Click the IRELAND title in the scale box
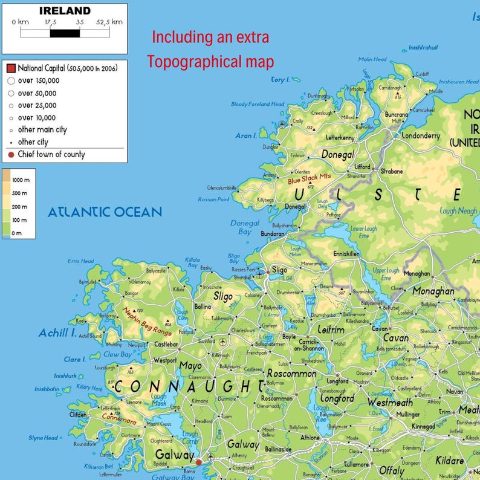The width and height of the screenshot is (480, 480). click(65, 11)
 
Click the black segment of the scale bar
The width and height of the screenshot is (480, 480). click(65, 33)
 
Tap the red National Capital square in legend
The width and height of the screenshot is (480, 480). click(11, 68)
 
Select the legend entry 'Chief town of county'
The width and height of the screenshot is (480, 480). click(51, 154)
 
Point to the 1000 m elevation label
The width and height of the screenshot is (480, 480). click(21, 181)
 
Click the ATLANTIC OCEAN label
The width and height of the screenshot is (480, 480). click(105, 212)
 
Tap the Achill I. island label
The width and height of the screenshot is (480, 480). click(57, 333)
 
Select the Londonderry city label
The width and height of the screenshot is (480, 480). click(421, 136)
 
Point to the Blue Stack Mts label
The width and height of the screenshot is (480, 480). click(310, 180)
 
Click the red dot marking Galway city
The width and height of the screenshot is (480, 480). click(198, 462)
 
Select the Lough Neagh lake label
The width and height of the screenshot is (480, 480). click(459, 211)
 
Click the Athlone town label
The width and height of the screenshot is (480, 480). click(310, 438)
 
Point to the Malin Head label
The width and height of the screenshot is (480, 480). click(372, 59)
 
